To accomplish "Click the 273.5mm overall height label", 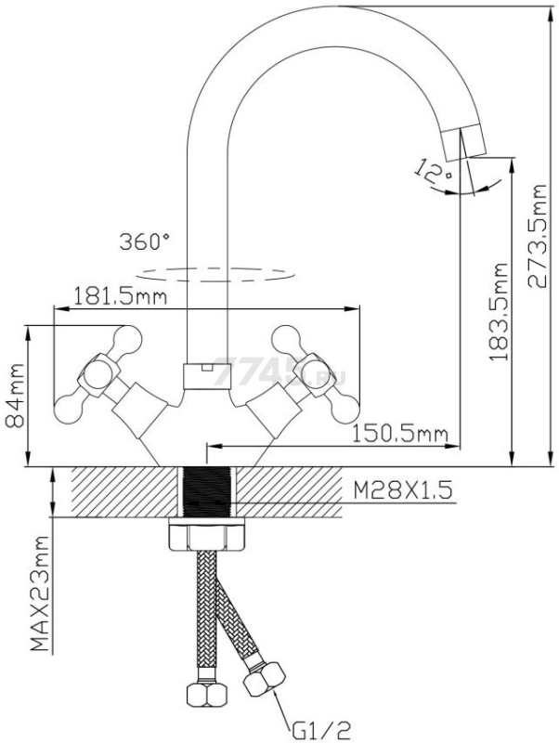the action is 537,236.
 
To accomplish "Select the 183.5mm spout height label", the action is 498,311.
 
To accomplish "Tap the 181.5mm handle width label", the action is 121,297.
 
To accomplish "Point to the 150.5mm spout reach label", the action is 400,434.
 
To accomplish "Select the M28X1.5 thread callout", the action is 403,490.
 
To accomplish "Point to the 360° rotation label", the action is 145,241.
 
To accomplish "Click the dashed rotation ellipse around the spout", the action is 215,275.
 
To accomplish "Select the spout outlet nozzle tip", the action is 463,141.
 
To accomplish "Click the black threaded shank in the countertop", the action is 206,492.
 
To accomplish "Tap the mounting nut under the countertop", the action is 206,535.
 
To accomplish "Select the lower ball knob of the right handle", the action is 344,409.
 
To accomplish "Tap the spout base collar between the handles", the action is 206,377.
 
